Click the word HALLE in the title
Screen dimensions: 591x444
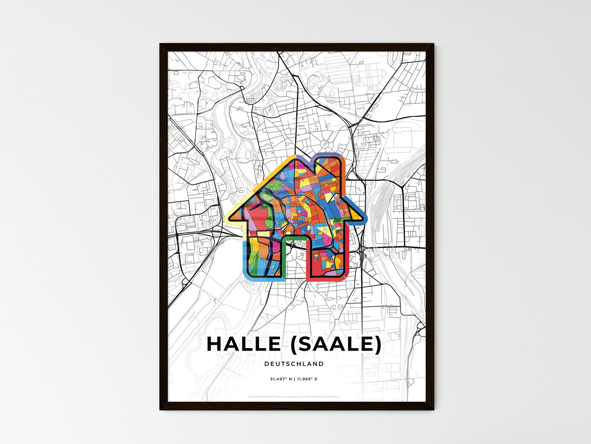coord(243,344)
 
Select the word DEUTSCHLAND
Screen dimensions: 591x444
coord(294,364)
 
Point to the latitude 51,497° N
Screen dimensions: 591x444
coord(280,379)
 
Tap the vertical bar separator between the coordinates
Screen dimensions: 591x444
coord(294,379)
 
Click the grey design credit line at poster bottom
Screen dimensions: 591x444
coord(294,396)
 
